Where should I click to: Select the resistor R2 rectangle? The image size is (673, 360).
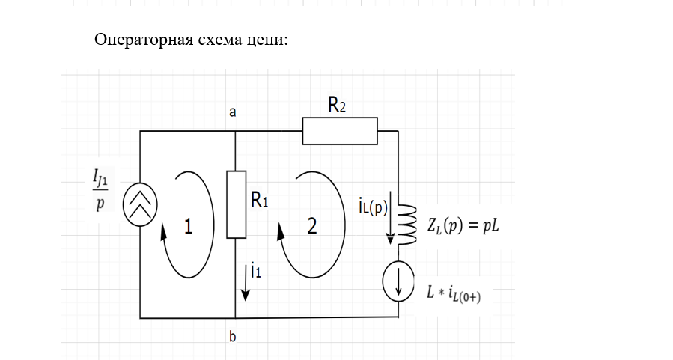click(340, 131)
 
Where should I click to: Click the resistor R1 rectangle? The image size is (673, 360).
click(236, 204)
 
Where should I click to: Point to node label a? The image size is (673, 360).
click(232, 112)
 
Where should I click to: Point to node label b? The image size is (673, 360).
click(233, 338)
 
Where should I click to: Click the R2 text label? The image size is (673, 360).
click(337, 106)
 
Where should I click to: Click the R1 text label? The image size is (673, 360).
click(259, 201)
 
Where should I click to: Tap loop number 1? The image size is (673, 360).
click(188, 226)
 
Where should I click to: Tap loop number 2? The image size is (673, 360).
click(312, 225)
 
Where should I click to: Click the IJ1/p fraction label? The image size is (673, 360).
click(100, 190)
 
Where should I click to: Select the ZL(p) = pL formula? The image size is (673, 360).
click(462, 225)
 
